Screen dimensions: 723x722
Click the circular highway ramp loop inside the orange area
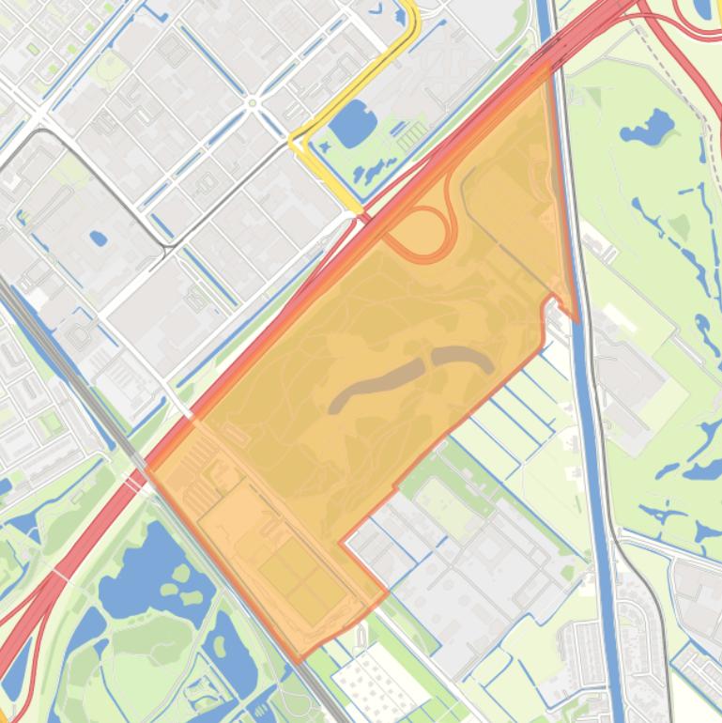click(x=420, y=232)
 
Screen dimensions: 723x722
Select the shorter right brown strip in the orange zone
click(x=462, y=358)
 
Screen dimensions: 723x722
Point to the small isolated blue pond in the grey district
click(x=98, y=238)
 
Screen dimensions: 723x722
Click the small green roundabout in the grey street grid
click(x=252, y=102)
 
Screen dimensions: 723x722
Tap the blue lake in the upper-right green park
click(x=647, y=125)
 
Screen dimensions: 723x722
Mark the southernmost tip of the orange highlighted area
click(x=299, y=658)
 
